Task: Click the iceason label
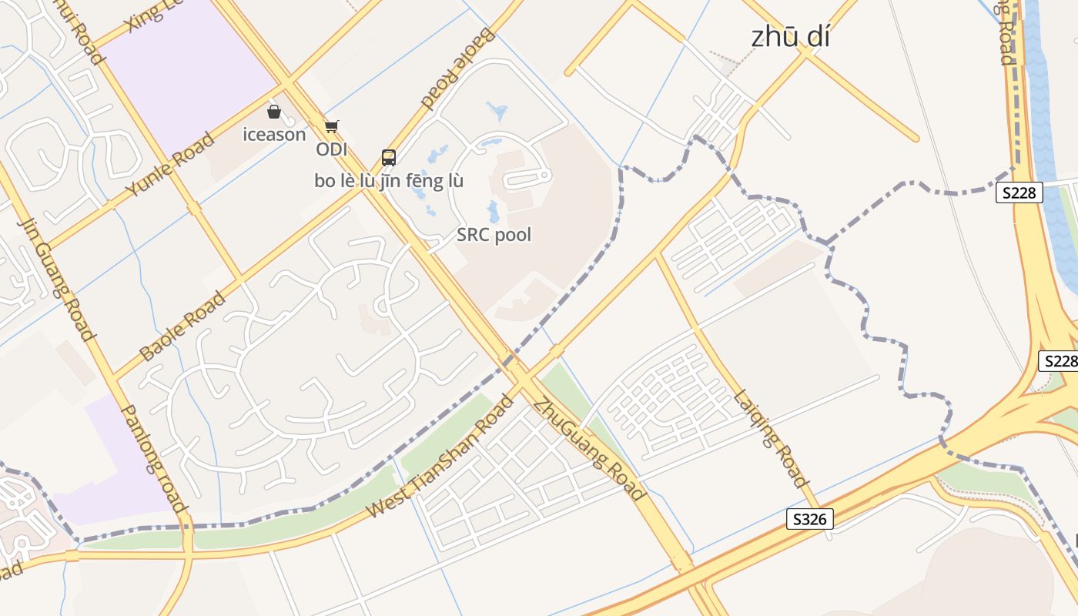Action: click(x=274, y=135)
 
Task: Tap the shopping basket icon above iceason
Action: click(x=273, y=112)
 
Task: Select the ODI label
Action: click(x=331, y=149)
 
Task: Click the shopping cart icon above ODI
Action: click(x=331, y=126)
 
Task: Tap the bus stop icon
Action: click(x=389, y=158)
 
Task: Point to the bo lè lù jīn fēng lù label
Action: click(x=389, y=182)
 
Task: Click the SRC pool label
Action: click(x=494, y=235)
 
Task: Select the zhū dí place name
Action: click(x=790, y=37)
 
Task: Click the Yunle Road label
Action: click(x=170, y=166)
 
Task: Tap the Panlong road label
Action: click(x=155, y=459)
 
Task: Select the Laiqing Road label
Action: click(x=771, y=440)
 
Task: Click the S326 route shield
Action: click(x=809, y=519)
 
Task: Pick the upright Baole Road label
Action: click(x=182, y=326)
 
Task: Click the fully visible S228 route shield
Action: click(x=1019, y=192)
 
